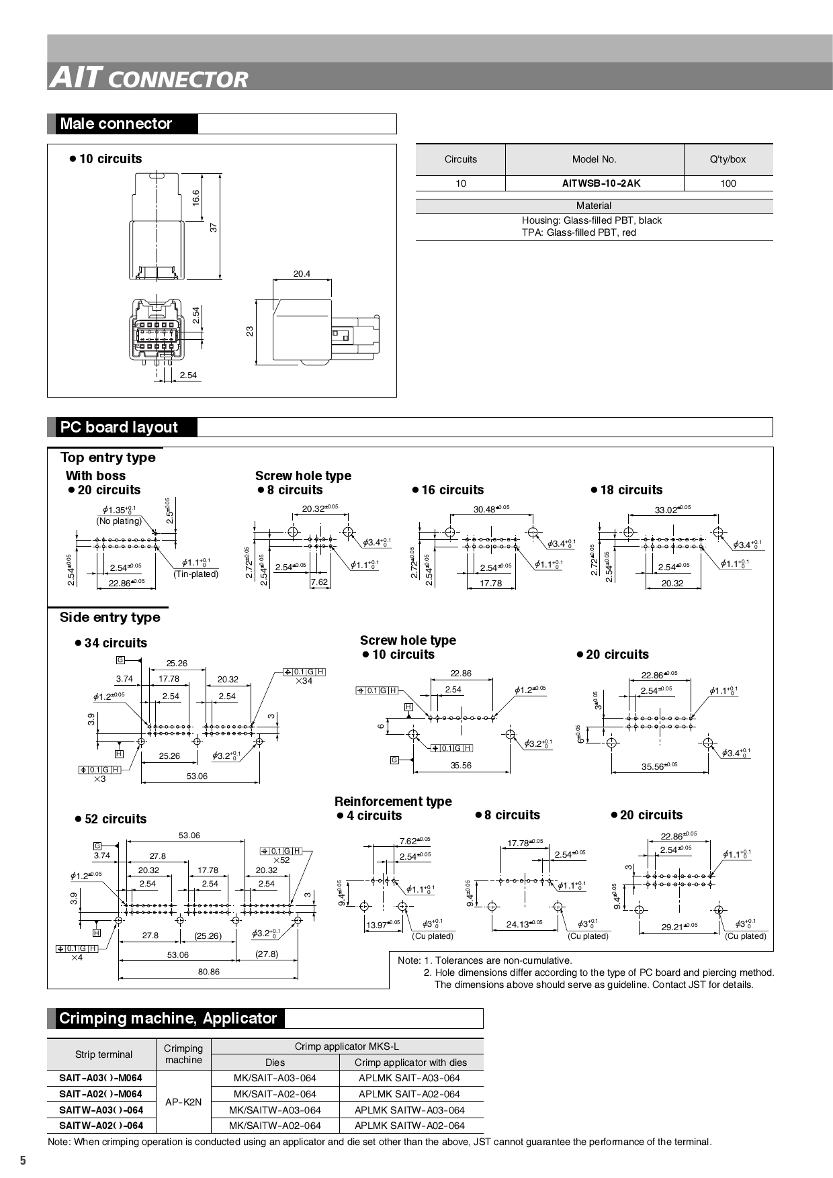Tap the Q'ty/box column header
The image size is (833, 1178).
[728, 159]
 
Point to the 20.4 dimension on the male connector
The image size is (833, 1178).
[302, 274]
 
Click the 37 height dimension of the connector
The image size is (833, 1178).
[214, 227]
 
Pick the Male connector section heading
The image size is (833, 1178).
[116, 124]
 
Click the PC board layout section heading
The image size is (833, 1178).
[119, 427]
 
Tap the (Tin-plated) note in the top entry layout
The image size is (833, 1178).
[196, 574]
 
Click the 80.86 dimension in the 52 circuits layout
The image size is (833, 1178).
[208, 972]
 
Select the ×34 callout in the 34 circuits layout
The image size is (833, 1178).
[304, 681]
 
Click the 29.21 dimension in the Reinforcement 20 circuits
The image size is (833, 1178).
[678, 927]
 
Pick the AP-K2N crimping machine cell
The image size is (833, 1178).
[183, 1102]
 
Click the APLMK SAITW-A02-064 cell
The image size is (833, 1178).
[409, 1126]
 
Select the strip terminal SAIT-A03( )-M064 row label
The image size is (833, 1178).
[101, 1078]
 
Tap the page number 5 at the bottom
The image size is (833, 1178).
[23, 1161]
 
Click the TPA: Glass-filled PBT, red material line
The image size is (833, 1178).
[578, 232]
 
